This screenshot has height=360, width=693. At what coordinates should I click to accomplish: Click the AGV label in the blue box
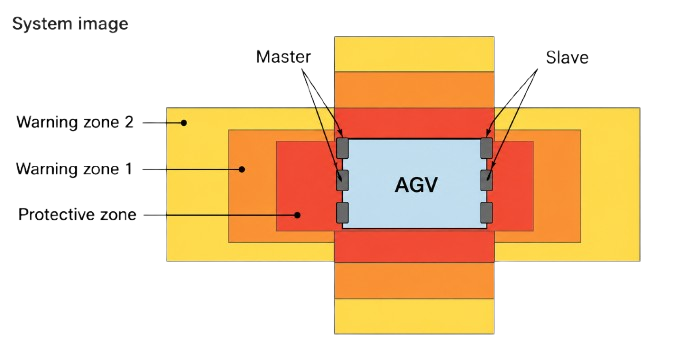click(x=416, y=185)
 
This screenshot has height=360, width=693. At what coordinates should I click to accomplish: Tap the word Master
click(x=283, y=57)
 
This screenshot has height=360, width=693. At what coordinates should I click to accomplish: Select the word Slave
click(x=567, y=57)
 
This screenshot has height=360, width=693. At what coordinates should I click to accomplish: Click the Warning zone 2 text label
click(x=75, y=122)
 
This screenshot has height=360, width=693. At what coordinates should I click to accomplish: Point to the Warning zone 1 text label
click(x=74, y=169)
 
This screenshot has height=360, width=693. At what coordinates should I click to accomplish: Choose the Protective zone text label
click(x=77, y=214)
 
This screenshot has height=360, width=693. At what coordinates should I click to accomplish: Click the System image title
click(x=70, y=23)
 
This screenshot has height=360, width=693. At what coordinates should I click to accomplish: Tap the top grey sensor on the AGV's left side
click(x=343, y=148)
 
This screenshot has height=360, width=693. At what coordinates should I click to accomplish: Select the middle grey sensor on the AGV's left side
click(x=343, y=180)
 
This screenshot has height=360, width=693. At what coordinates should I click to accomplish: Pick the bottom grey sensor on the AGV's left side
click(x=343, y=212)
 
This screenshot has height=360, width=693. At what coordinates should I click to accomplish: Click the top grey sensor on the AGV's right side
click(x=486, y=148)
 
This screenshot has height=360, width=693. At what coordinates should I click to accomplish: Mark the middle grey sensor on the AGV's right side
click(x=486, y=180)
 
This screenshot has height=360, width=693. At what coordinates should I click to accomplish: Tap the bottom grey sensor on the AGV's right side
click(x=486, y=212)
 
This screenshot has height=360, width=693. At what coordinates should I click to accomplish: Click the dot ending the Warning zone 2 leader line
click(x=184, y=123)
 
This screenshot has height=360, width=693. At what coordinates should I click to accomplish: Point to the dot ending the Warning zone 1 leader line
click(x=242, y=169)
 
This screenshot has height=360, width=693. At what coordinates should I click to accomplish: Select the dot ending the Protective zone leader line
click(x=297, y=215)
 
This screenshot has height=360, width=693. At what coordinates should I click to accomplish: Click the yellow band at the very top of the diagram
click(x=414, y=54)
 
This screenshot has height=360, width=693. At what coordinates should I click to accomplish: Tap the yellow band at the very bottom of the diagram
click(x=414, y=316)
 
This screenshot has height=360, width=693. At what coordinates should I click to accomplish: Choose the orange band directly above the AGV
click(x=414, y=90)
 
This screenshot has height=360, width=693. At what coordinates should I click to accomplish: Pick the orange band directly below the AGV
click(x=414, y=280)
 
